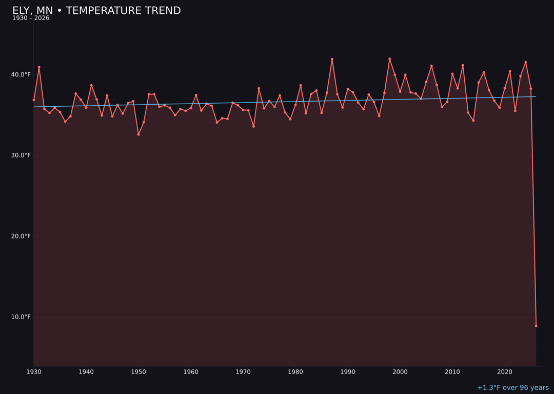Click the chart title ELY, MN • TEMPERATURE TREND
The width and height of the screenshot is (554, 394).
click(96, 11)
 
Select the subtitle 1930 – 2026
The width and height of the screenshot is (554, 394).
click(31, 18)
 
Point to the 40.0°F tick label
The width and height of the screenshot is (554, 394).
click(21, 75)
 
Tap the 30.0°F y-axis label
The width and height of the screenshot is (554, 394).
click(21, 155)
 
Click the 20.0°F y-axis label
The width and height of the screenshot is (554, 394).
click(21, 236)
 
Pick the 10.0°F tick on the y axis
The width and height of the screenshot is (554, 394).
click(21, 317)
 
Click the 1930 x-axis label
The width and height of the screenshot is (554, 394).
click(34, 372)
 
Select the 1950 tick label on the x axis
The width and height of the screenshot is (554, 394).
click(138, 372)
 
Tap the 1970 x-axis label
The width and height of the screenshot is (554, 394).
click(243, 372)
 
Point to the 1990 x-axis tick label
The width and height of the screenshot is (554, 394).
click(348, 372)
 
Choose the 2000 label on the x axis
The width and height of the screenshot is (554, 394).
click(400, 372)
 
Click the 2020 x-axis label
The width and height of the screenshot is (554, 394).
click(505, 372)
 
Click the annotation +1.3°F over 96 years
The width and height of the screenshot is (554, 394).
click(512, 388)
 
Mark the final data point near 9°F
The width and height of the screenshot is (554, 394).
click(536, 326)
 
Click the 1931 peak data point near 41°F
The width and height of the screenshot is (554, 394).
click(39, 67)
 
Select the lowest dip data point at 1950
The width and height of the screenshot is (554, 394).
click(138, 134)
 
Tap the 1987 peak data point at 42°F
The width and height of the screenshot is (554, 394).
click(332, 59)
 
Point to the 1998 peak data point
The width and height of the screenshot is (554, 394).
click(389, 59)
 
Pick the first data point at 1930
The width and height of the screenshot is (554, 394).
click(34, 100)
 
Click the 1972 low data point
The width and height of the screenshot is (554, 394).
click(253, 126)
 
